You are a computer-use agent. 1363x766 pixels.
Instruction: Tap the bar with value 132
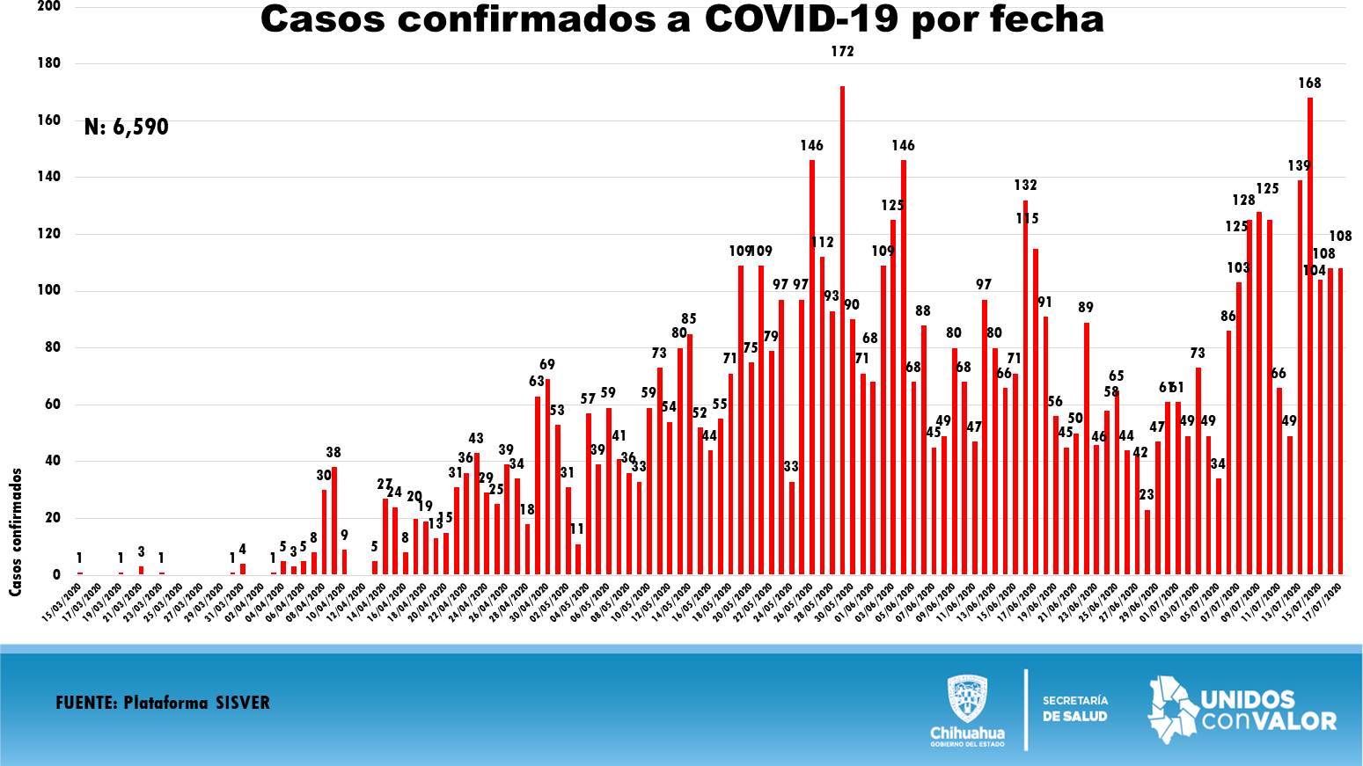[x=1025, y=387]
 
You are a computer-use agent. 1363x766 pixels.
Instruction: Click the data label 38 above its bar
[x=333, y=453]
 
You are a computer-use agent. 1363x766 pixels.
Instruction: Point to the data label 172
[x=842, y=52]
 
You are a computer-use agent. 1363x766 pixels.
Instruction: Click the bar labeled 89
[x=1087, y=449]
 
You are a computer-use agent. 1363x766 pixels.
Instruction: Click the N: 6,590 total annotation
[x=127, y=128]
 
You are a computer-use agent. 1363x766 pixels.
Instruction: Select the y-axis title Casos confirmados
[x=16, y=532]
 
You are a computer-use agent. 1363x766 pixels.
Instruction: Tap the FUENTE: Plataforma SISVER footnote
[x=163, y=703]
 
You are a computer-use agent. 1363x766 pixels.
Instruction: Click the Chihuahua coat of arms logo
[x=967, y=699]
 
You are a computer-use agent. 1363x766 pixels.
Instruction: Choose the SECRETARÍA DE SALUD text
[x=1075, y=708]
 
